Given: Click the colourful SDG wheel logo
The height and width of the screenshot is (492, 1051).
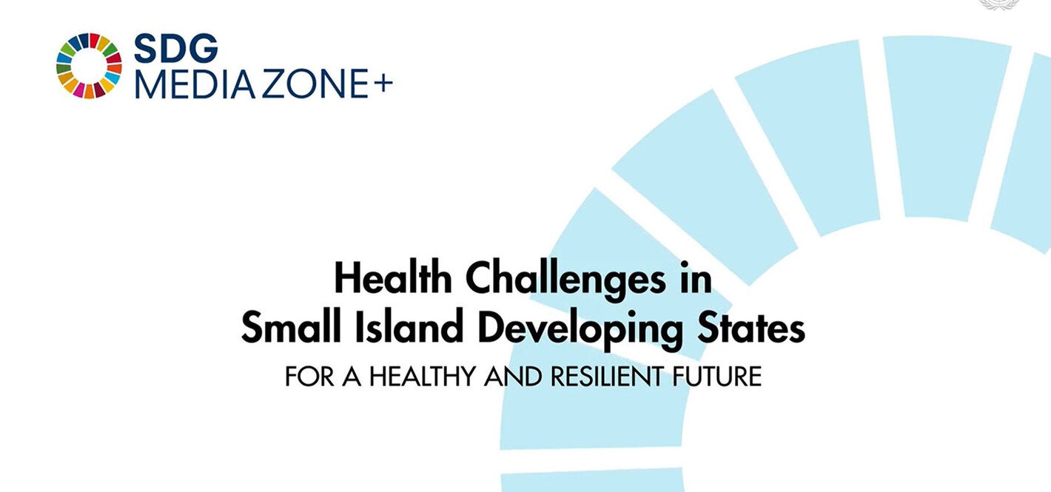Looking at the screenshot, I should pyautogui.click(x=89, y=65).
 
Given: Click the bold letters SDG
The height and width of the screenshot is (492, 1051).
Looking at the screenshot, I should pyautogui.click(x=176, y=49).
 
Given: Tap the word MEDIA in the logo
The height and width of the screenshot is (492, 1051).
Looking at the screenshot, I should pyautogui.click(x=192, y=84).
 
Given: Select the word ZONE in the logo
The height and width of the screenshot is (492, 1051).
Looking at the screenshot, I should pyautogui.click(x=309, y=84).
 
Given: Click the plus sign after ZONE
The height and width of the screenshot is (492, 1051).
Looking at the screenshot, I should pyautogui.click(x=383, y=83).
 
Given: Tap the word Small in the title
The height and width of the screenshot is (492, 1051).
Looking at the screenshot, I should pyautogui.click(x=283, y=328).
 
